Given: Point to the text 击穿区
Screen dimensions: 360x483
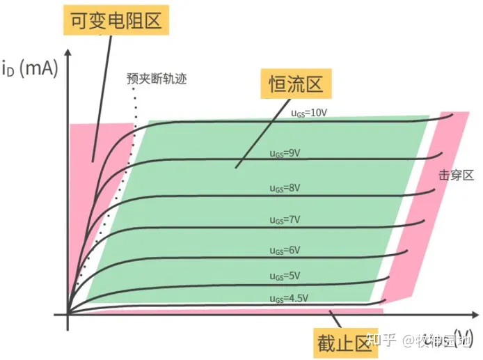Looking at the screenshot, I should pos(457,175).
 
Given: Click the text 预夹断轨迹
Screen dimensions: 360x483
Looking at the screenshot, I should pos(157,78).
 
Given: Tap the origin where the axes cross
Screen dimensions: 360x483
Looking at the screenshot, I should pos(68,315).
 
